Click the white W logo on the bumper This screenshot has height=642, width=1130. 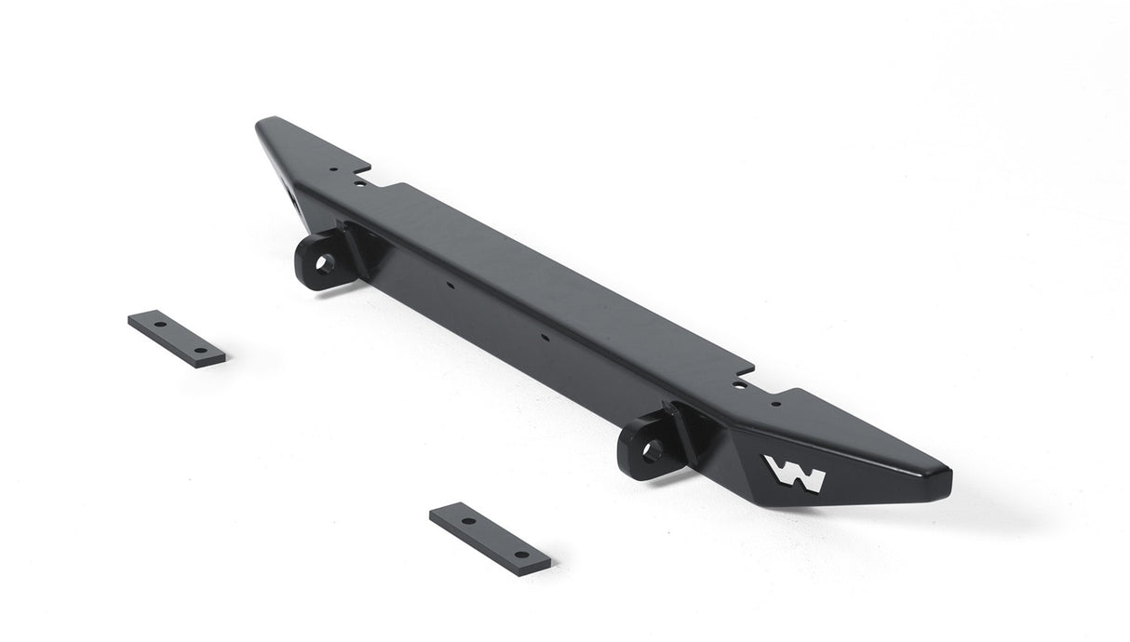pyautogui.click(x=794, y=473)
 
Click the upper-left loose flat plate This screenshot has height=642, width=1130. pyautogui.click(x=176, y=338)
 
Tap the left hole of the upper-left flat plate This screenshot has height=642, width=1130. pyautogui.click(x=160, y=325)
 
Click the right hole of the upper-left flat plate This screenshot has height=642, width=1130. pyautogui.click(x=200, y=350)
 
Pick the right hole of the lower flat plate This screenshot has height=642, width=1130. pyautogui.click(x=521, y=555)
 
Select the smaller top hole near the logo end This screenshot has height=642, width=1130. pyautogui.click(x=775, y=403)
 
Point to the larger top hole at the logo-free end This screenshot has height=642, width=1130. pyautogui.click(x=360, y=183)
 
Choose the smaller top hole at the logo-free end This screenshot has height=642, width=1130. pyautogui.click(x=331, y=170)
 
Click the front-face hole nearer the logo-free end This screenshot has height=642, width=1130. pyautogui.click(x=450, y=286)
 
